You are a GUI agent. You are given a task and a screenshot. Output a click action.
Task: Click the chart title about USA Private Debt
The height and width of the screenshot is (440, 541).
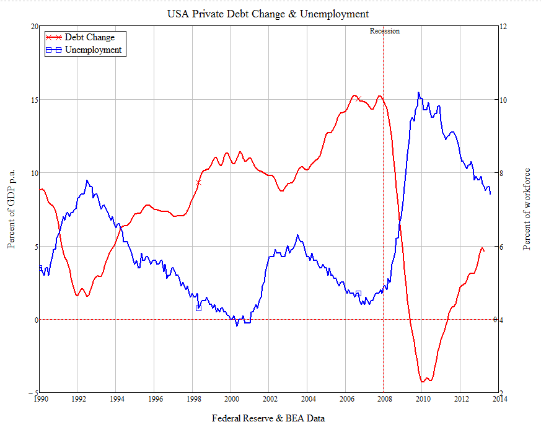268,14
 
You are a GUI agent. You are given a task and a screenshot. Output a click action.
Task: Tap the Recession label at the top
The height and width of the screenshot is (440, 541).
384,31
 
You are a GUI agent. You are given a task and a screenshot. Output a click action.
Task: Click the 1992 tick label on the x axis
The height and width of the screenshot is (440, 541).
77,399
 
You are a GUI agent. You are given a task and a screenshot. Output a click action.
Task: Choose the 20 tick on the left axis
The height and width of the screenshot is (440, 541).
33,26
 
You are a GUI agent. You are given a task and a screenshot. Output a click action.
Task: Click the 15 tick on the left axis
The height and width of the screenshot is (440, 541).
33,100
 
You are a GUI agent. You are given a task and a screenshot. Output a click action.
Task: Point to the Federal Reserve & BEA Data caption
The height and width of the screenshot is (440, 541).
268,418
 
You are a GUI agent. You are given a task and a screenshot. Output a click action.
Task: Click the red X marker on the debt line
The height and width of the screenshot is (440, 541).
198,183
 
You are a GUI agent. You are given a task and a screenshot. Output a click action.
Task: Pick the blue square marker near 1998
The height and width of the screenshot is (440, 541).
198,307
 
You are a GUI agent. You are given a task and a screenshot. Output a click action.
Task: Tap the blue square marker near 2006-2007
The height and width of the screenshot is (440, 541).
358,293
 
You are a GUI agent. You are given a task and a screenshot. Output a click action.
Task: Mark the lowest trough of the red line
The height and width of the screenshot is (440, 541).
423,381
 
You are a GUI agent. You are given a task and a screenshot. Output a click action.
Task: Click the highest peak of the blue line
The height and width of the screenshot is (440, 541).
418,92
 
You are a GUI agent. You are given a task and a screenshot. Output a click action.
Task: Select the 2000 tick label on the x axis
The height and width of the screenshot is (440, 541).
231,399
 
